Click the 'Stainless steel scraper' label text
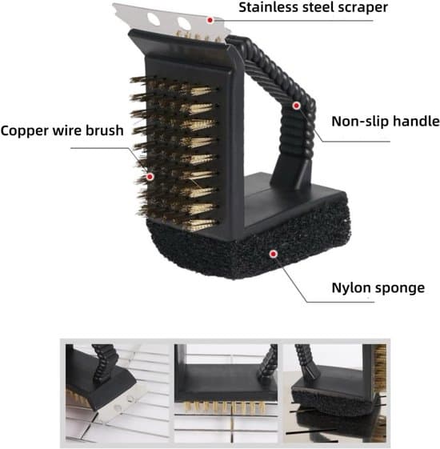313,7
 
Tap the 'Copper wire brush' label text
62,130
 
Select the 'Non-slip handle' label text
386,121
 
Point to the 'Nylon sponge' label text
378,288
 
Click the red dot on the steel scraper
210,20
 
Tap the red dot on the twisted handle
296,106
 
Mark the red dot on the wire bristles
150,177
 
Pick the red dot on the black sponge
274,254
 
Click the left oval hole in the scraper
153,19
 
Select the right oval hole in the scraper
184,23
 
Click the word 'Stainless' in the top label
268,7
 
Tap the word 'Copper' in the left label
24,131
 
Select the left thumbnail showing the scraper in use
118,393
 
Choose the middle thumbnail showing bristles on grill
226,393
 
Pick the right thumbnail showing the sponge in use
334,393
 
